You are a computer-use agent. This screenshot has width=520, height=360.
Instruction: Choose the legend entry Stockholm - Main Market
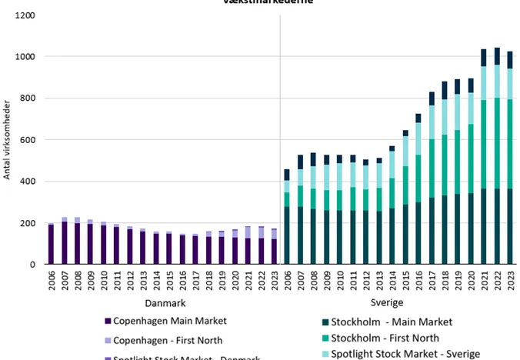pyautogui.click(x=398, y=322)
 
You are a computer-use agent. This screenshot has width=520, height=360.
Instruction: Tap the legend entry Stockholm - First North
pyautogui.click(x=395, y=338)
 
